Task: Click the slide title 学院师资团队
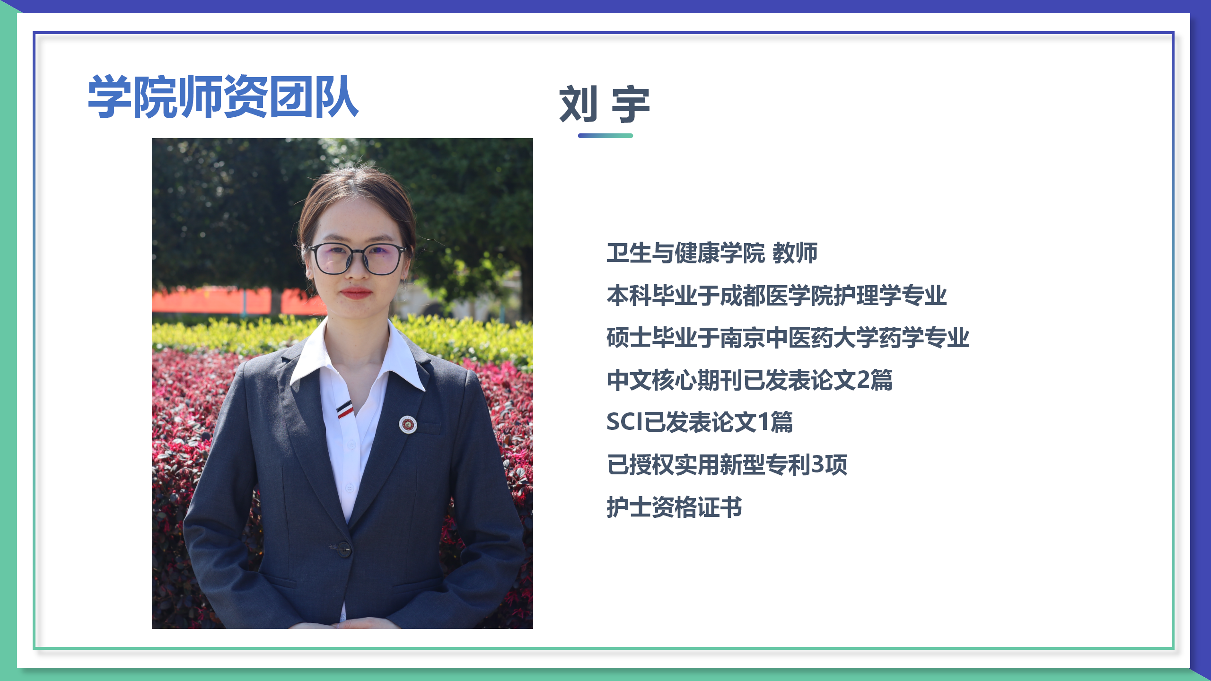223,97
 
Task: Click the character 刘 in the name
578,105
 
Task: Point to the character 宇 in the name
631,105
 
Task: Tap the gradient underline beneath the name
605,136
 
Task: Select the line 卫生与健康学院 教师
711,253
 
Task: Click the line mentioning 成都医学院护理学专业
776,296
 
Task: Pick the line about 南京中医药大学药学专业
788,338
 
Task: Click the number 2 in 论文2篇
863,380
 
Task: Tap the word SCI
625,422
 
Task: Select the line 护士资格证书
674,507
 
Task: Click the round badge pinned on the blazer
408,424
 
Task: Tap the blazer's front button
343,549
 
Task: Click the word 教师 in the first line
795,253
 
